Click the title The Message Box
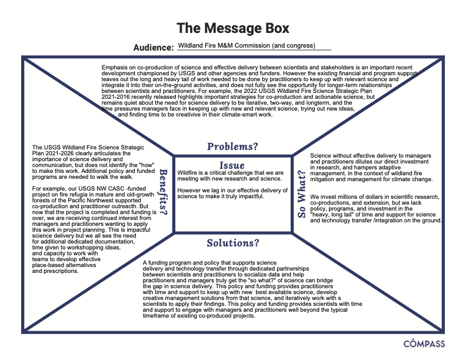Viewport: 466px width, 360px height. [232, 28]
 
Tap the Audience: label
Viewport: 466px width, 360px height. [154, 48]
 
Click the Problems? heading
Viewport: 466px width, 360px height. [232, 146]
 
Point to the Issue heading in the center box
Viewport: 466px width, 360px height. [232, 165]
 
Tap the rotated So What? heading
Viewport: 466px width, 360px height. [302, 194]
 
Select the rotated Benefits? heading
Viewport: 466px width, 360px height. [164, 192]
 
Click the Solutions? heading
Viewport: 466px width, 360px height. [233, 243]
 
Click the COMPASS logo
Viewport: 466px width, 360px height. [424, 344]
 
